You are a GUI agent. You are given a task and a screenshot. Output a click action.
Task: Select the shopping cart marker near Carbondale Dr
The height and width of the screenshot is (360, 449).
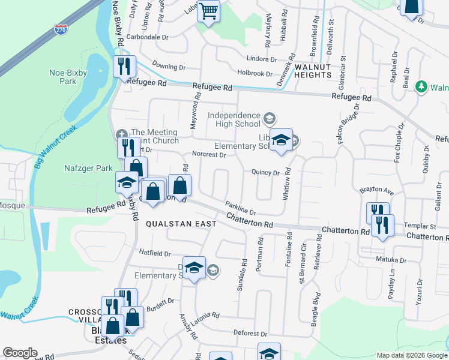click(x=208, y=11)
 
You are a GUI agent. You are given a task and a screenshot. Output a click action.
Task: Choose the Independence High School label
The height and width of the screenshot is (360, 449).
click(x=234, y=119)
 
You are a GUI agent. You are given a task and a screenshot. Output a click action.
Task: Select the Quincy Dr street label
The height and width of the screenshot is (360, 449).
click(x=266, y=173)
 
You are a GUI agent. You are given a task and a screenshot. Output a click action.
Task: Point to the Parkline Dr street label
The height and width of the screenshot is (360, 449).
click(x=241, y=208)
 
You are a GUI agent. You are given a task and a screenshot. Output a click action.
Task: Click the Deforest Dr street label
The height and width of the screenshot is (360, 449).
click(x=250, y=333)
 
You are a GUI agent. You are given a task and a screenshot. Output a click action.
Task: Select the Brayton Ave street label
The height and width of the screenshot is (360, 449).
click(x=376, y=190)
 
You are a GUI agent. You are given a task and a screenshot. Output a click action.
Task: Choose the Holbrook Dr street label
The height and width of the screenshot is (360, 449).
click(x=255, y=73)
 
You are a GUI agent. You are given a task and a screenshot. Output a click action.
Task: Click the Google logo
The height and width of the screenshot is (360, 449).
click(x=20, y=353)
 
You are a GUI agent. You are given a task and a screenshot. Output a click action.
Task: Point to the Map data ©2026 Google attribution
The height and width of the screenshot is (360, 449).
click(x=412, y=355)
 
